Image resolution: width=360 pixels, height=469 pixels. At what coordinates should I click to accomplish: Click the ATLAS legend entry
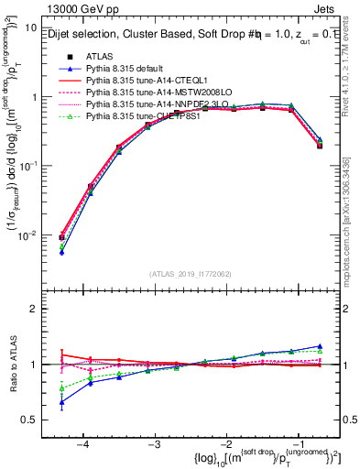click(100, 57)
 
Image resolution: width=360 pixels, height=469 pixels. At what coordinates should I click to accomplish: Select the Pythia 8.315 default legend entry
click(129, 70)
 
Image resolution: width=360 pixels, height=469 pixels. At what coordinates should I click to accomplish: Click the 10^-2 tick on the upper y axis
click(28, 235)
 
